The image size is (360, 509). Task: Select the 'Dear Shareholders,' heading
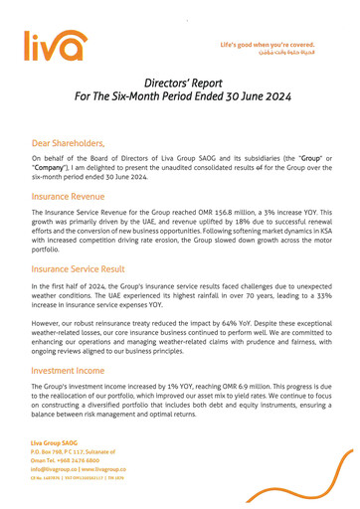75,143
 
